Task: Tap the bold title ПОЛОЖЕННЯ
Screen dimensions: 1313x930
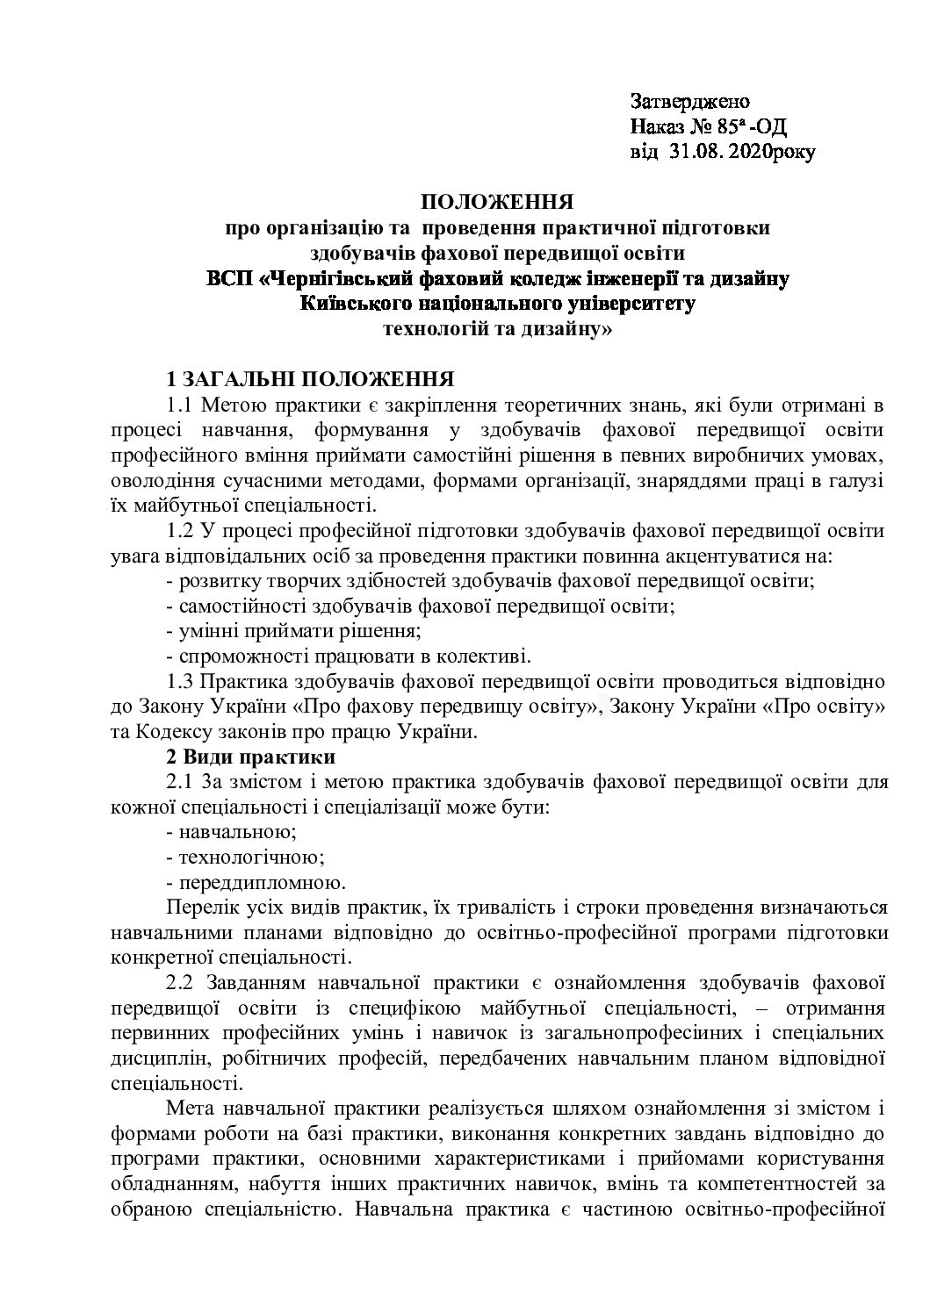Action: (497, 204)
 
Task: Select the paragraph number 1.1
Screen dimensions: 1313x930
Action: (180, 405)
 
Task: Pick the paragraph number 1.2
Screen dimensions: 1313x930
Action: (180, 531)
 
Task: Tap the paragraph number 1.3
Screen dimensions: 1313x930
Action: (180, 681)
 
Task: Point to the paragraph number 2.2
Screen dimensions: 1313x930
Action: (180, 981)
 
